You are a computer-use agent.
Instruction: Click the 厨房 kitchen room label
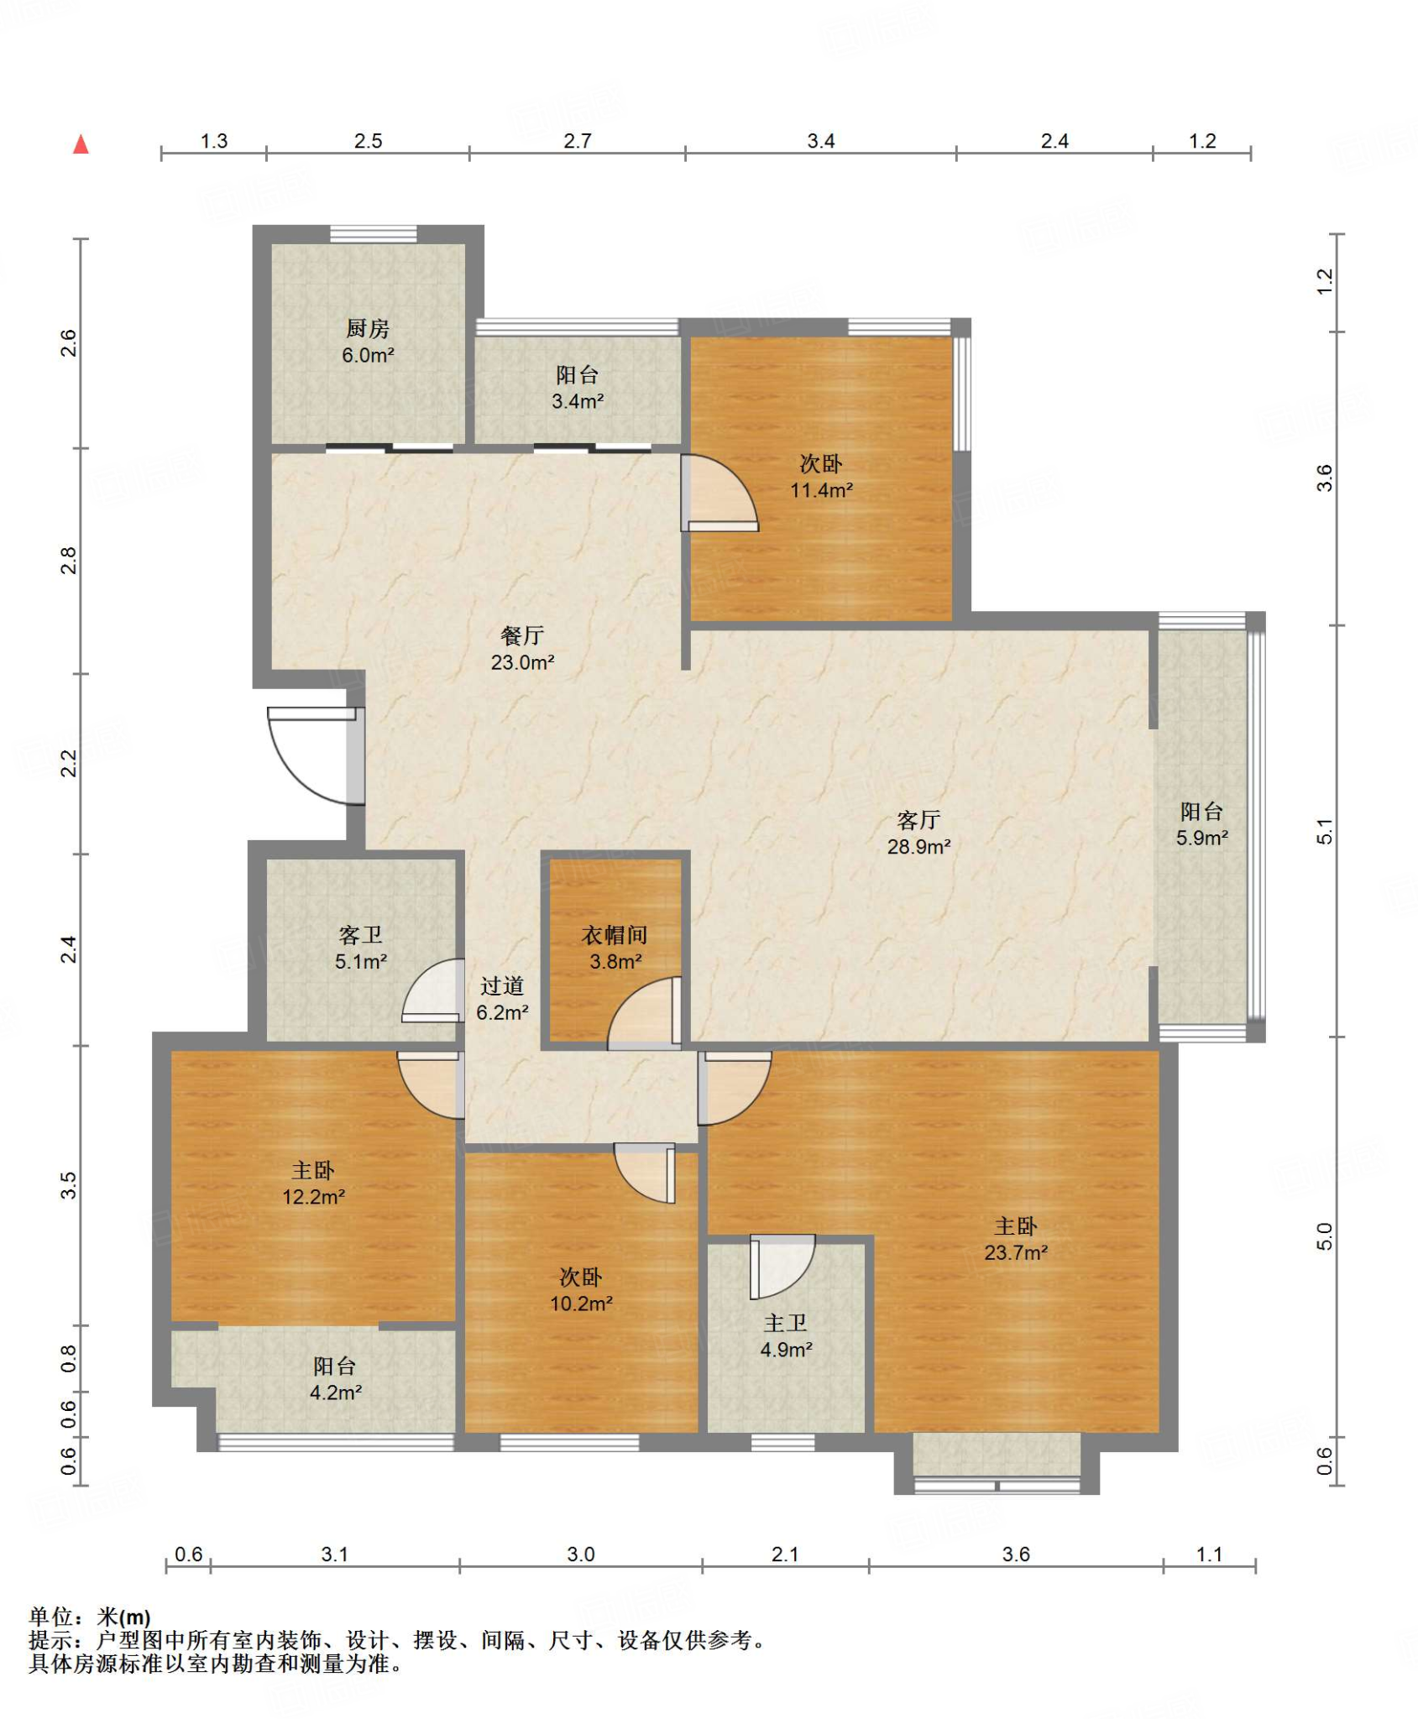pos(368,328)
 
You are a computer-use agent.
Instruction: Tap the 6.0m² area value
pos(368,355)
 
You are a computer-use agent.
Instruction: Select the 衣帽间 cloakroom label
pos(615,934)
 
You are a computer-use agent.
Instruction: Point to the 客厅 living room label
pos(918,819)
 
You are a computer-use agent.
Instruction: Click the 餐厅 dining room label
pos(522,635)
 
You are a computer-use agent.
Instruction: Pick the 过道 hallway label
pos(502,985)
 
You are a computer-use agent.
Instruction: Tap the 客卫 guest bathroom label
pos(360,934)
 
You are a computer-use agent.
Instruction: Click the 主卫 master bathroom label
pos(786,1323)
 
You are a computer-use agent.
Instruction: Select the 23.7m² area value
pos(1016,1253)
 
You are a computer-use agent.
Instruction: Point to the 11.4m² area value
pos(822,490)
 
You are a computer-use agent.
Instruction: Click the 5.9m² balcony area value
pos(1202,838)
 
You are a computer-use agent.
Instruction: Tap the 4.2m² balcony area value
pos(336,1392)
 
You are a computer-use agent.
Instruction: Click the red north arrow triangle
pos(81,144)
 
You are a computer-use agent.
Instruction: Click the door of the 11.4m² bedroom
pos(719,493)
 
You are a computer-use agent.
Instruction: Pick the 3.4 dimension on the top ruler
pos(821,141)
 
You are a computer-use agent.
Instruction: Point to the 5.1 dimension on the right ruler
pos(1325,831)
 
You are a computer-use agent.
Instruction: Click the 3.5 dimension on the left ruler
pos(68,1184)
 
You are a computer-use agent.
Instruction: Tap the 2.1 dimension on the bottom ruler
pos(785,1554)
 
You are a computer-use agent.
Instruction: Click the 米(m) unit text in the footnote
pos(123,1617)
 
